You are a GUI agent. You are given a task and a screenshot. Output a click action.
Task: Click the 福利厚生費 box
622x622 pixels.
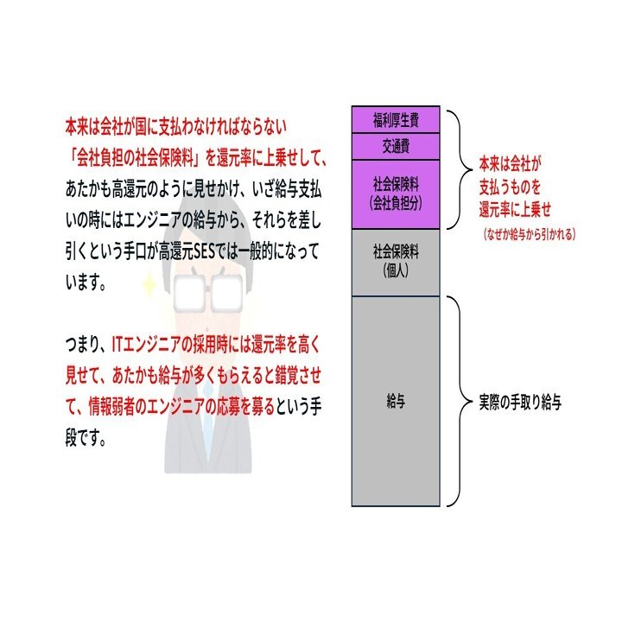point(396,118)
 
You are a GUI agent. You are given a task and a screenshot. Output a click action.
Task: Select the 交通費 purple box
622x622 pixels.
point(396,146)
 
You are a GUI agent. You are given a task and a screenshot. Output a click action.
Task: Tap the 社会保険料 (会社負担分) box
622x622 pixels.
point(396,194)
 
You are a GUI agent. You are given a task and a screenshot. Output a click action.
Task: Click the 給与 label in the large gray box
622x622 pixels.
point(396,402)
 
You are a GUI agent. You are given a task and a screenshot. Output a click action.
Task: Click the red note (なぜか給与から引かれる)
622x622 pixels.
point(530,233)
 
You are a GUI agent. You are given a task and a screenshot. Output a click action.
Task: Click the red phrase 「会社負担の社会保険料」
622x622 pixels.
point(132,156)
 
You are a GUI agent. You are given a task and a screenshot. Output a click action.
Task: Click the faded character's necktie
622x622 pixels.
point(207,432)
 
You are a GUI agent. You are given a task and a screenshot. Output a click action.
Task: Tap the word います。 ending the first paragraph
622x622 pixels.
point(86,282)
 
